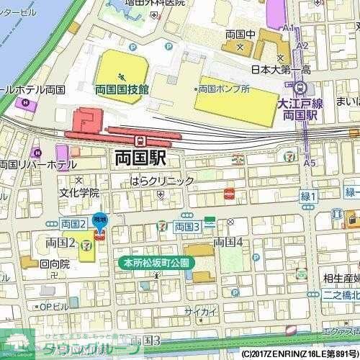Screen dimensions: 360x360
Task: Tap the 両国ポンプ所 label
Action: tap(225, 89)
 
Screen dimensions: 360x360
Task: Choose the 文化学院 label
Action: tap(79, 192)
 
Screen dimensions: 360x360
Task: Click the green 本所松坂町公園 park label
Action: tap(153, 263)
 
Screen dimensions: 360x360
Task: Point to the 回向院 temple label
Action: tap(55, 264)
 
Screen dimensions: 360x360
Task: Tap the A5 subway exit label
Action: tap(310, 163)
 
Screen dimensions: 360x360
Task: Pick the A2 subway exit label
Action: tap(302, 45)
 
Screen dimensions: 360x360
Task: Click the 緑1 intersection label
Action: tap(308, 196)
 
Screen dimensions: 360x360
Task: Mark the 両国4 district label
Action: tap(228, 241)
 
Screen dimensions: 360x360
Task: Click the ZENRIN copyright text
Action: tap(299, 354)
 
